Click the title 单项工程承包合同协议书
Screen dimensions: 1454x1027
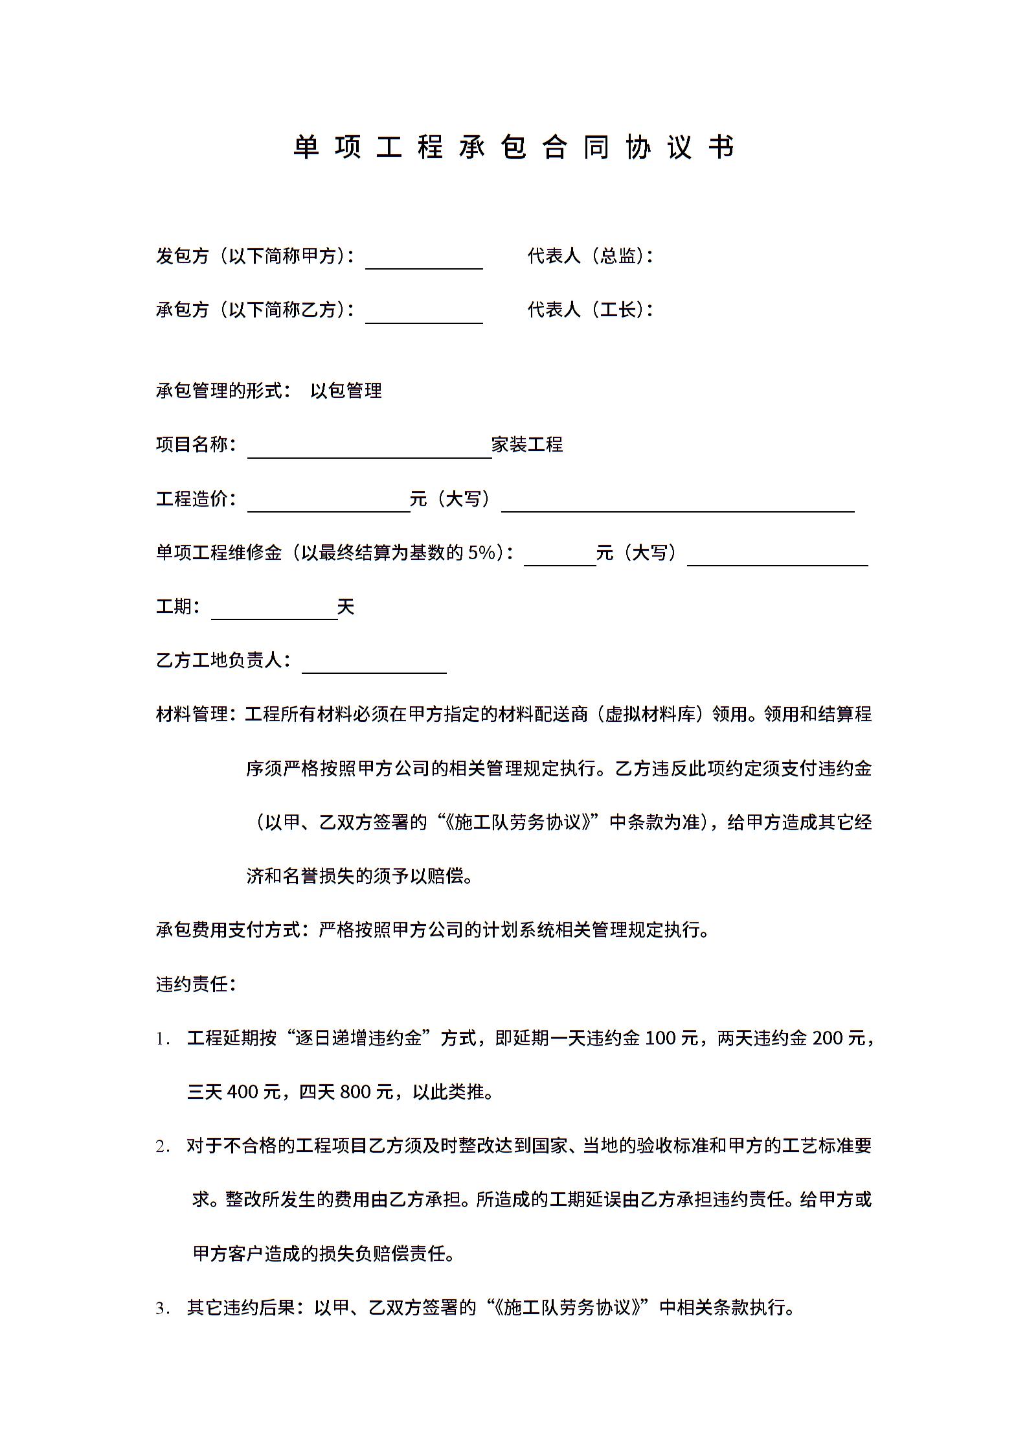[513, 147]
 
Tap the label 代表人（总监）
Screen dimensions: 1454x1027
[589, 256]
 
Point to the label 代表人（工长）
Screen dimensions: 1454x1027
[589, 310]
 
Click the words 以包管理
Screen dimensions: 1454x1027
[346, 391]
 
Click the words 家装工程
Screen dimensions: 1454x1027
[527, 444]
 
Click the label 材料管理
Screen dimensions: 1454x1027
[192, 714]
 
